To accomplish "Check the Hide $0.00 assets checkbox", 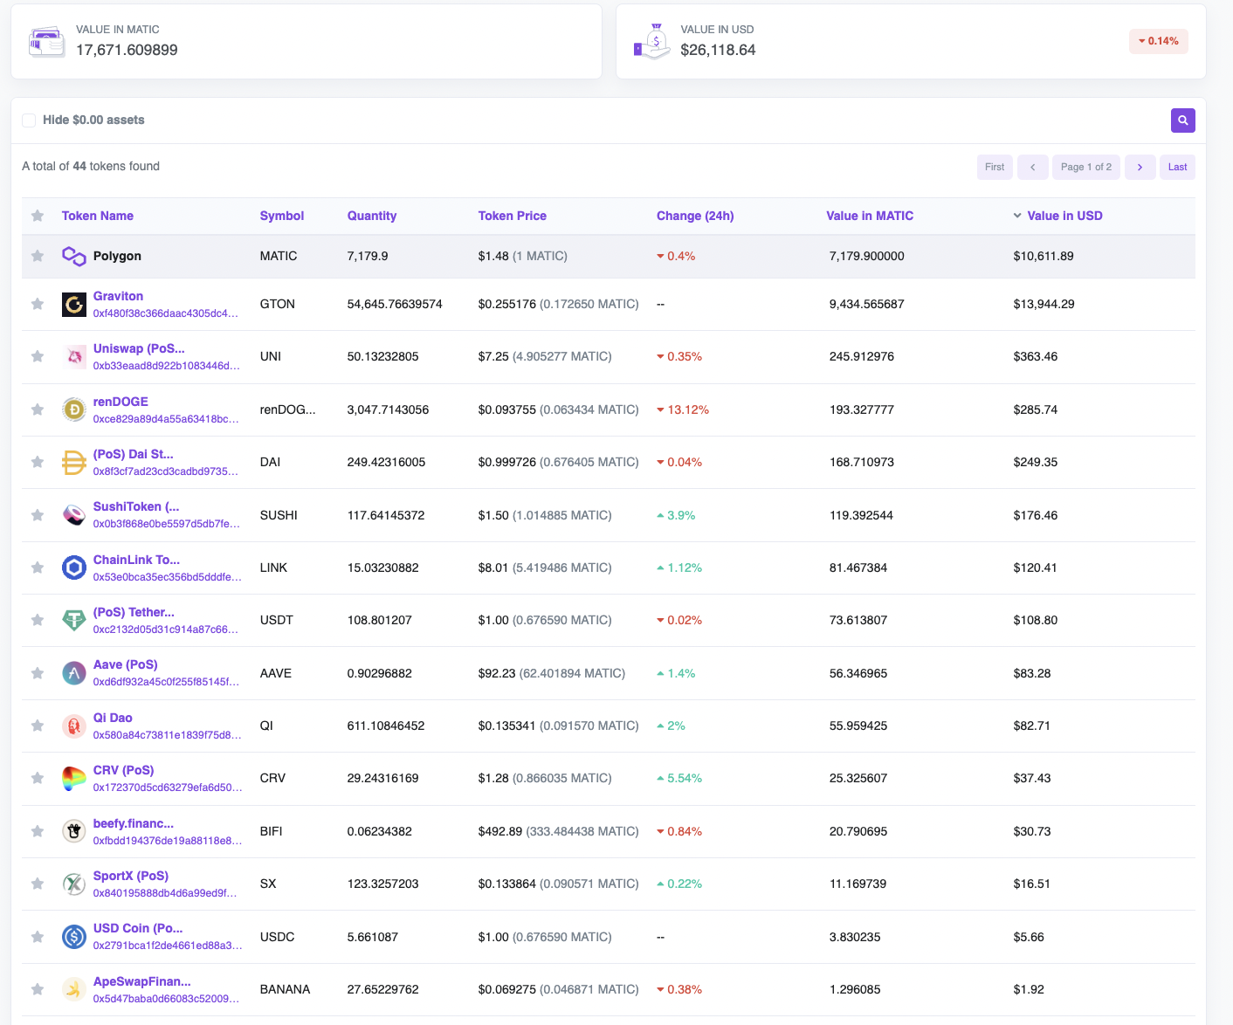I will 29,120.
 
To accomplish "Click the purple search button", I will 1182,120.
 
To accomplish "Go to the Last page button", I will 1177,167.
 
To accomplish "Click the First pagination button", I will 994,167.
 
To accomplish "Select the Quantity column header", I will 371,216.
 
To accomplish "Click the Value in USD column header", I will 1064,216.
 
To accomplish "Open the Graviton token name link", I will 118,296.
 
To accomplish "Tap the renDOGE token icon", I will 74,409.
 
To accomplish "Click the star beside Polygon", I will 38,256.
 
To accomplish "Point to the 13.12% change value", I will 687,409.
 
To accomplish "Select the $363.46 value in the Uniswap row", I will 1035,356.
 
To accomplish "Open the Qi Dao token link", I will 113,718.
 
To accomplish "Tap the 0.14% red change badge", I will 1158,41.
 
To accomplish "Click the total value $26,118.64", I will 718,50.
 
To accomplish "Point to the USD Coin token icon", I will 74,937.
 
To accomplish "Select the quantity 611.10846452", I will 385,726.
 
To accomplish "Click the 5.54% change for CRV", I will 684,778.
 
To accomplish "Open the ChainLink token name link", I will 136,560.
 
